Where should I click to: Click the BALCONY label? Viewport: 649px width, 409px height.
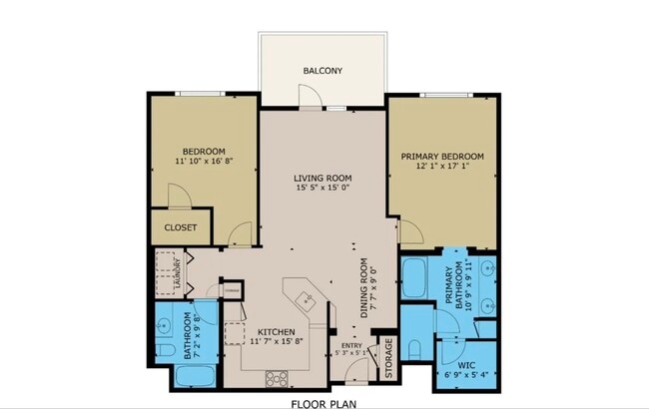(323, 71)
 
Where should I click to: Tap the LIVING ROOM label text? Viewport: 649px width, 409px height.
(323, 178)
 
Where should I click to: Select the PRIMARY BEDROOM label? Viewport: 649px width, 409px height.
(442, 157)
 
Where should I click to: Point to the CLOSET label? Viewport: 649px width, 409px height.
(180, 227)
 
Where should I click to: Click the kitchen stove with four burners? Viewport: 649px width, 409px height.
(277, 378)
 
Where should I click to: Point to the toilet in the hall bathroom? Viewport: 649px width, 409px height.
(166, 324)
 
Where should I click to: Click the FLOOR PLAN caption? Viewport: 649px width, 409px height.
(323, 404)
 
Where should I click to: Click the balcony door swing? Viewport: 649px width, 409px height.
(312, 95)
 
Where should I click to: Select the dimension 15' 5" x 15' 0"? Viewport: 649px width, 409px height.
(323, 188)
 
